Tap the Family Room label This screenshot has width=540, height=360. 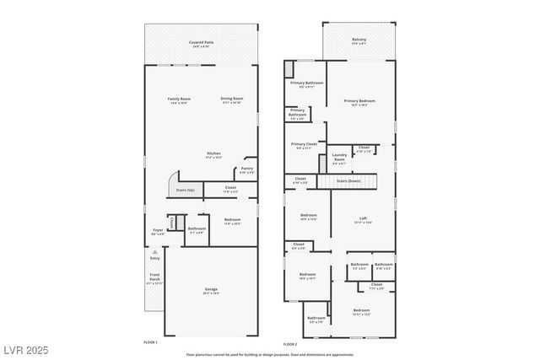tap(179, 99)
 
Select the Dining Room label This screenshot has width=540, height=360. tap(232, 99)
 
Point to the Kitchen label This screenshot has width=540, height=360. tap(214, 153)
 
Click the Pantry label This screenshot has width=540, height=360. tap(246, 169)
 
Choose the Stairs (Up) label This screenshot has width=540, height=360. tap(186, 190)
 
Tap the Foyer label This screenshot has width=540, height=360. tap(158, 229)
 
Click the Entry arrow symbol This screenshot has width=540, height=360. tap(154, 251)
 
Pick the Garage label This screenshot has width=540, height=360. tap(211, 290)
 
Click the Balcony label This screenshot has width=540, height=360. tap(359, 39)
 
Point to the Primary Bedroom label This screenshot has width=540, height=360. tap(359, 100)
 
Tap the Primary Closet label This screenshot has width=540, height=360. tap(304, 144)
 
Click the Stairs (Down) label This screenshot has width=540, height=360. tap(348, 180)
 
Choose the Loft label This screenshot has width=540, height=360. tap(361, 218)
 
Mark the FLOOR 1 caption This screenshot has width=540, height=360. tap(150, 343)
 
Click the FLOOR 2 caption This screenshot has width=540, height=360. tap(289, 344)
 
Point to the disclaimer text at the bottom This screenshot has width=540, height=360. tap(270, 354)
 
